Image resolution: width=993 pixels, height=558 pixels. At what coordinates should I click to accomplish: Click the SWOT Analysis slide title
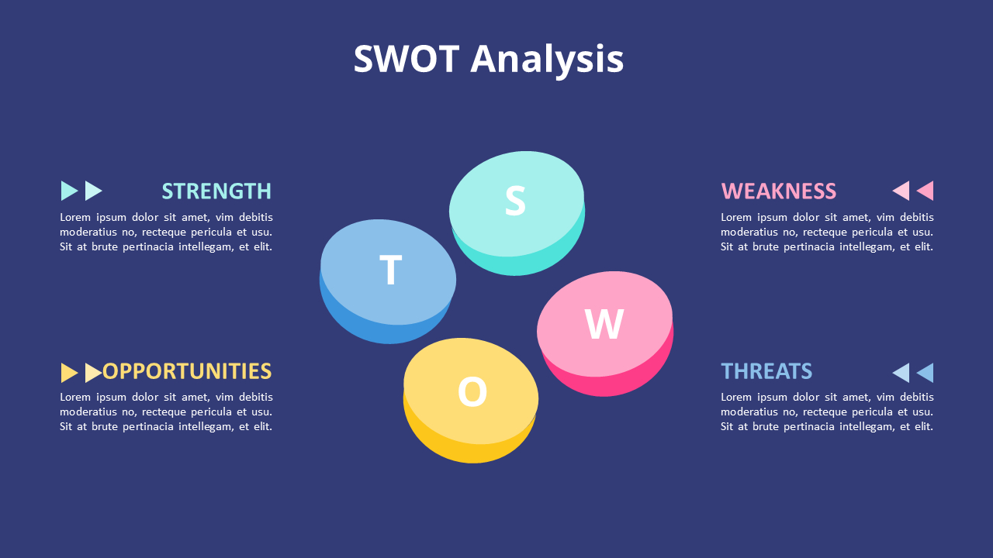[x=489, y=59]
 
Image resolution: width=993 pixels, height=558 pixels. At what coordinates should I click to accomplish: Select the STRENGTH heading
[x=216, y=191]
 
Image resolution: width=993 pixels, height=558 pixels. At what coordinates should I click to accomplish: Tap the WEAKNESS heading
[x=778, y=191]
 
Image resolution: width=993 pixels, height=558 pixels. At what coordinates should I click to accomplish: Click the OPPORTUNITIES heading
[x=187, y=371]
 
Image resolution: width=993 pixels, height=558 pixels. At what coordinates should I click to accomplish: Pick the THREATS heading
[x=766, y=371]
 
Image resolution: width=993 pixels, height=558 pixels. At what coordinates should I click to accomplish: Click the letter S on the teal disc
[x=515, y=201]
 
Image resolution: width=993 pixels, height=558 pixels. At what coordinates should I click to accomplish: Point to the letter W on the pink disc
[x=604, y=324]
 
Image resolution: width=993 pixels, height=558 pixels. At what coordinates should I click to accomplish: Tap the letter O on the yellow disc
[x=472, y=392]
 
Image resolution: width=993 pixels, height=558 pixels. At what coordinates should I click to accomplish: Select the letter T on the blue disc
[x=390, y=270]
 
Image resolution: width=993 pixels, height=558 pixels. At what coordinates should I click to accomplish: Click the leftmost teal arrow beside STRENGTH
[x=68, y=191]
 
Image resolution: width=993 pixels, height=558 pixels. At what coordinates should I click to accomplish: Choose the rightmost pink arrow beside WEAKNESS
[x=926, y=191]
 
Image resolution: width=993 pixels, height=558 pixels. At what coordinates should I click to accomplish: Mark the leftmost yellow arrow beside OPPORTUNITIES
[x=68, y=373]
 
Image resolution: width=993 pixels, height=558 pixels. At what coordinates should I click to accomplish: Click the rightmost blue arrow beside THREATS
[x=926, y=373]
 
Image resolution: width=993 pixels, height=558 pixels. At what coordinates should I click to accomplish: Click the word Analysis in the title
[x=547, y=59]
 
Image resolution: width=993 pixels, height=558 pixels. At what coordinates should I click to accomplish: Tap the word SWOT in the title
[x=407, y=59]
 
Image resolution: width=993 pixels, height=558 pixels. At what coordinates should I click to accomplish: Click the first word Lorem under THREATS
[x=736, y=397]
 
